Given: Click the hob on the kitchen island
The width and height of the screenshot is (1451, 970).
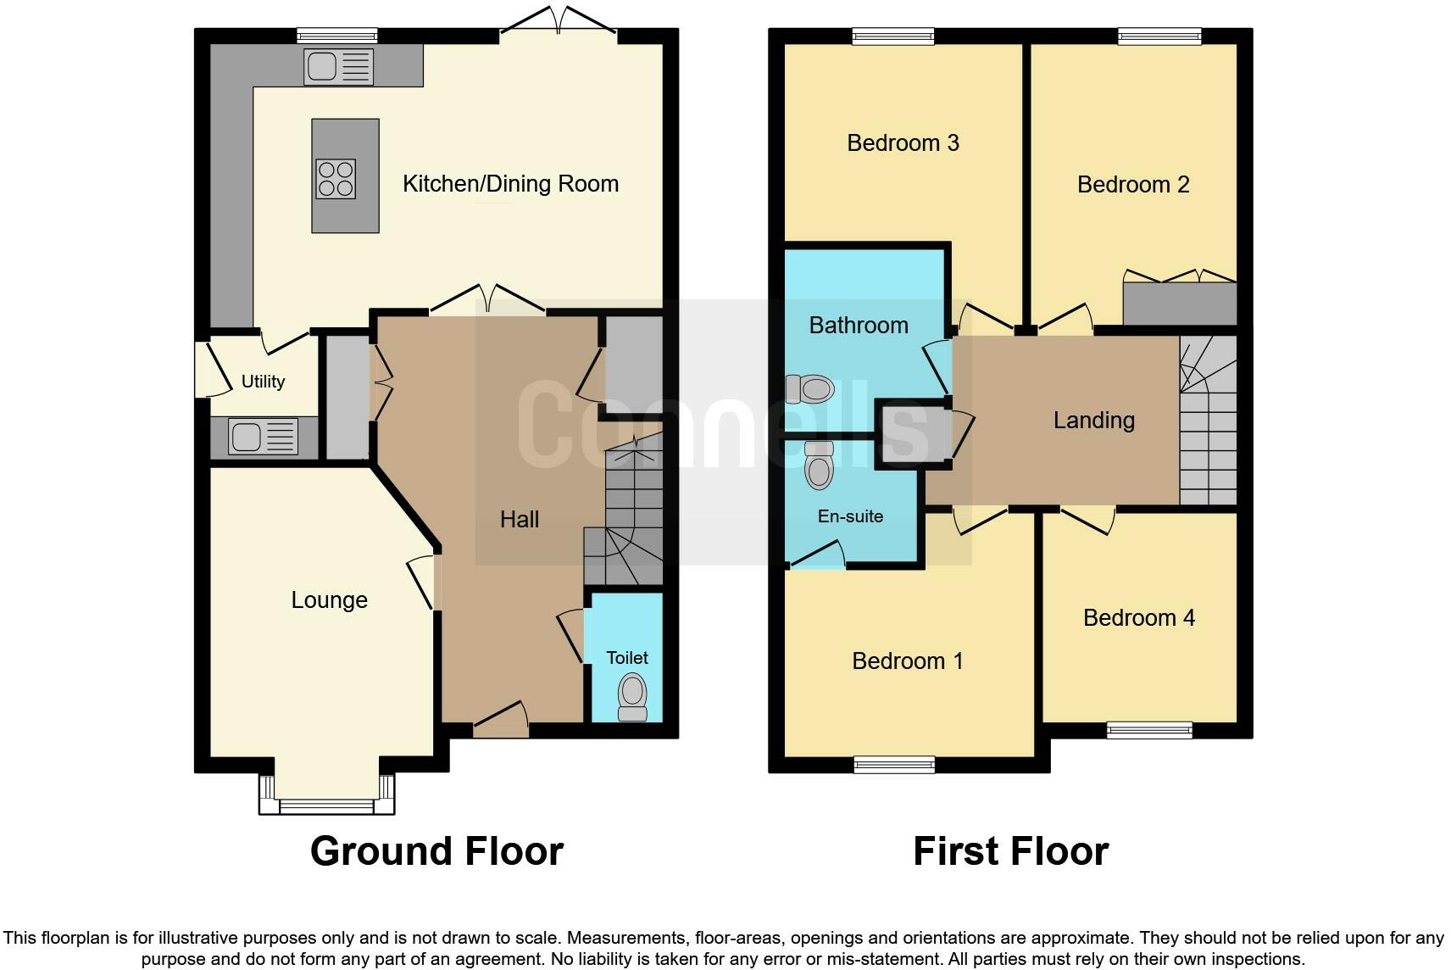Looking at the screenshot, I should (336, 179).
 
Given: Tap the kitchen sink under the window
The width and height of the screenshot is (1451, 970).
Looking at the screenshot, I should (338, 67).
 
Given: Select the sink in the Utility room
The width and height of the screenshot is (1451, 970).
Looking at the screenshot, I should (263, 438).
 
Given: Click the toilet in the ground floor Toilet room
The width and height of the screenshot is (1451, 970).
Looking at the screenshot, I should (632, 696).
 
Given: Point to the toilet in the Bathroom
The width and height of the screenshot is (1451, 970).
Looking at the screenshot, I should (810, 389).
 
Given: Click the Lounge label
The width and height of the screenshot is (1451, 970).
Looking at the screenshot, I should (329, 600).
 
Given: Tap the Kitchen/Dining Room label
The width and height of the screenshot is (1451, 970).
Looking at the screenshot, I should (510, 184).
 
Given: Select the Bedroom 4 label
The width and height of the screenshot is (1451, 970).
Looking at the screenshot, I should (1138, 618).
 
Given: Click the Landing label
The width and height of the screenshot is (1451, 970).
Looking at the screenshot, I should (1093, 421).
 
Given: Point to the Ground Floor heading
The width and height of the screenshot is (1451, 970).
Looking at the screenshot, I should (436, 851).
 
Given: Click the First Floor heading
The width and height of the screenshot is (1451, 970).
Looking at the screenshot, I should (1010, 851).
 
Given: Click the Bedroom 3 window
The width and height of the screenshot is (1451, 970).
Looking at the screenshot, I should (893, 36).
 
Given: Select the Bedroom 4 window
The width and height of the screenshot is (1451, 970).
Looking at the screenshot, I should (1149, 729).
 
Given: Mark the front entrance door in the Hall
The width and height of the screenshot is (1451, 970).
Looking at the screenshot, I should (501, 717).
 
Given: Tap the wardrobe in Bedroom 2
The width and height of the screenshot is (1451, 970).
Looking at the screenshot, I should (1179, 303).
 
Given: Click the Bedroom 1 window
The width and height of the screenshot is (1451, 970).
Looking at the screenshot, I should (894, 765).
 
